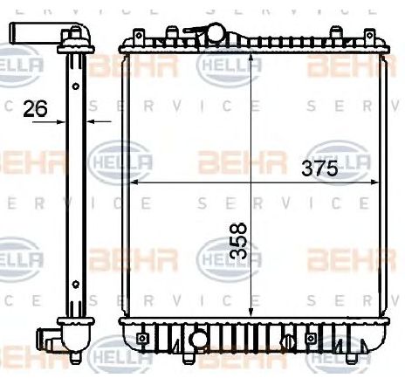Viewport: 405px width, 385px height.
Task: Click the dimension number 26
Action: [x=35, y=108]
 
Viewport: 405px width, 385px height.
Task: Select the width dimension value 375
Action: [x=319, y=170]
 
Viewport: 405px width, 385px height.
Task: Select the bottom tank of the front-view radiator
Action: [x=253, y=332]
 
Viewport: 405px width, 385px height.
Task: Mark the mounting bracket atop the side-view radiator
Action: [x=76, y=36]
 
